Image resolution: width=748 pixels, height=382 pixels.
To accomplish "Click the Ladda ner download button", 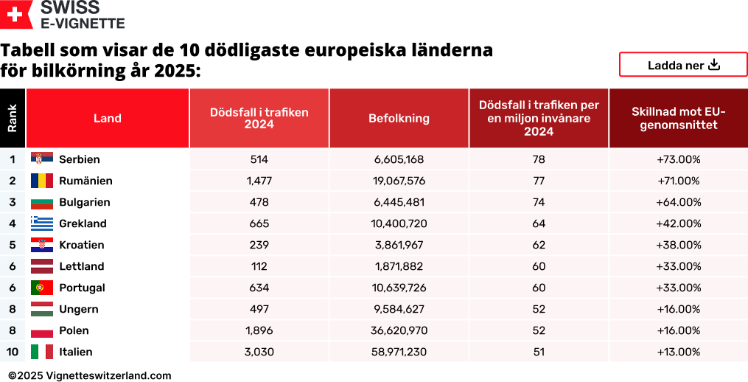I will coord(683,65).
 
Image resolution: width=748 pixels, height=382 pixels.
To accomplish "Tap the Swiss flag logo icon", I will coord(16,14).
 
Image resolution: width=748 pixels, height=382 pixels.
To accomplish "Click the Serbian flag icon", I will coord(42,159).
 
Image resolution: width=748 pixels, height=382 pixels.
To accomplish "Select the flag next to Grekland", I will coord(42,223).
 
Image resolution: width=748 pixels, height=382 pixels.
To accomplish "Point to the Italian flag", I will coord(42,351).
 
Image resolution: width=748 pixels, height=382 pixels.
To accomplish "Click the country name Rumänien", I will coord(85,181).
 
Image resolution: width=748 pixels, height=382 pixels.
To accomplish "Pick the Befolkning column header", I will coord(399,118).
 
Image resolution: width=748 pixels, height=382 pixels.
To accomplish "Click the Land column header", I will coord(108,118).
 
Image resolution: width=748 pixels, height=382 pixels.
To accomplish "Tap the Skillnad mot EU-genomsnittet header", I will coord(678,118).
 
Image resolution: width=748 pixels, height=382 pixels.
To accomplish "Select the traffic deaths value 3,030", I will coord(259,352).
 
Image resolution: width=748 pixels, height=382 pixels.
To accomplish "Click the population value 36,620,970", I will coord(399,330).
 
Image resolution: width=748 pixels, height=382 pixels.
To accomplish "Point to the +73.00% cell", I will coord(678,159).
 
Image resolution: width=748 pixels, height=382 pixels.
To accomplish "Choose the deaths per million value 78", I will coord(539,159).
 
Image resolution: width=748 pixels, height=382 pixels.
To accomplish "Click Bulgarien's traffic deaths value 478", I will coord(259,202).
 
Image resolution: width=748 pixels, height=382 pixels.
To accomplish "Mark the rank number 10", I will coord(13,352).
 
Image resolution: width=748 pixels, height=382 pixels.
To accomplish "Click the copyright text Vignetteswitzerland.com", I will coord(90,375).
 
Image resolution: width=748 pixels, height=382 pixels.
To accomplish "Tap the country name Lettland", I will coord(81,266).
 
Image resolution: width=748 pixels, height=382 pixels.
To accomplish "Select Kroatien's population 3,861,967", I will coord(399,245).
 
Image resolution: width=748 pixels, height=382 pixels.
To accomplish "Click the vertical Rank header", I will coord(13,118).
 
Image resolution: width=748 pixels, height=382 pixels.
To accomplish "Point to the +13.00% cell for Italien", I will coord(678,352).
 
